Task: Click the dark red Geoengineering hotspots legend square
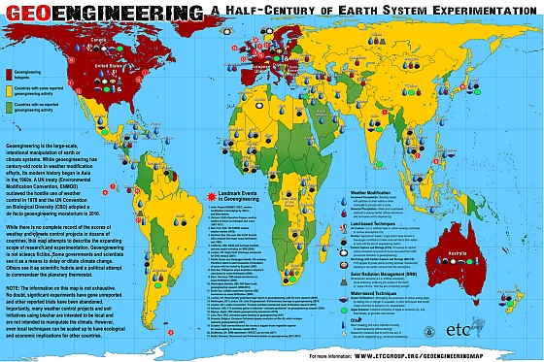[10, 73]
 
